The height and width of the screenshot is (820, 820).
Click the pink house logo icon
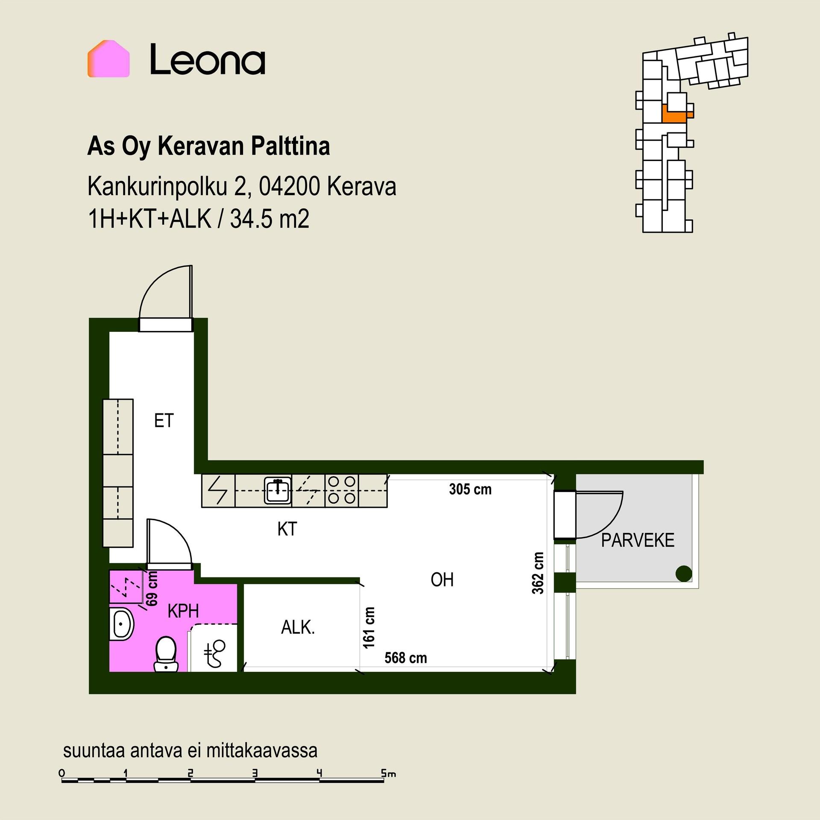(108, 59)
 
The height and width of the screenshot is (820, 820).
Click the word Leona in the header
(208, 60)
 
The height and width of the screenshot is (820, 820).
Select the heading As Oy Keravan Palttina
(208, 146)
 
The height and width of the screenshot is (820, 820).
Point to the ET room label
(164, 421)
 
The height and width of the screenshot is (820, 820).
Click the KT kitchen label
(287, 529)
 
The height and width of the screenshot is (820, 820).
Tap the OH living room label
(442, 580)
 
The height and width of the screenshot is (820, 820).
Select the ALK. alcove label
(298, 627)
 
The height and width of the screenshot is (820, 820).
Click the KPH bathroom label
(183, 611)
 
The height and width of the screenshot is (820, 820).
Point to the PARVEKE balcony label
(638, 540)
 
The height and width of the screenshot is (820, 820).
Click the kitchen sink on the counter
(278, 491)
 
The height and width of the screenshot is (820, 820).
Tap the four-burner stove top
(342, 490)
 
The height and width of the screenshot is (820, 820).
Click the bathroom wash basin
(121, 624)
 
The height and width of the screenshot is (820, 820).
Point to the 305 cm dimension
(470, 489)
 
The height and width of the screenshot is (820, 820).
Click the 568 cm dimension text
(406, 658)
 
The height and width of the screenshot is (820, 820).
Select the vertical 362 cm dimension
(538, 573)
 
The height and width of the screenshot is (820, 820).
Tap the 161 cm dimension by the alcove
(369, 628)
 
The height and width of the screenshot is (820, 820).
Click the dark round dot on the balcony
(684, 574)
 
